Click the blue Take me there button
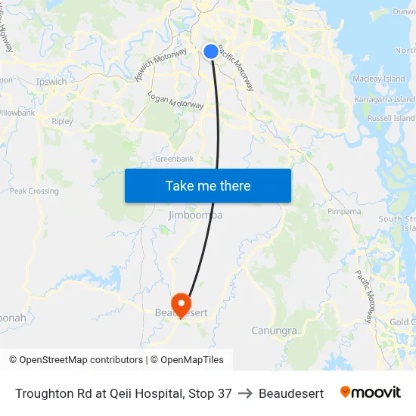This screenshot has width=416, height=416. click(x=207, y=185)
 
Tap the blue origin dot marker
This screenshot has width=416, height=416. click(x=211, y=51)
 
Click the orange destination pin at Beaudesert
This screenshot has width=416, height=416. click(x=182, y=304)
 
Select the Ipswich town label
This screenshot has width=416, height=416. click(x=51, y=82)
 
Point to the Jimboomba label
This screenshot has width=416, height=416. click(x=195, y=216)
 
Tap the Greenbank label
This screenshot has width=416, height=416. click(x=174, y=159)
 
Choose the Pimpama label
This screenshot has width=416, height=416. click(x=344, y=212)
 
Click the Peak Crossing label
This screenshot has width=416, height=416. click(x=34, y=191)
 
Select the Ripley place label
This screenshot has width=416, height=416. click(x=62, y=121)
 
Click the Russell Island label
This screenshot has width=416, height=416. click(x=391, y=118)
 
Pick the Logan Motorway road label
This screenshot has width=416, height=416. click(x=175, y=101)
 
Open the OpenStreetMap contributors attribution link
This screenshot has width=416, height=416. click(x=81, y=360)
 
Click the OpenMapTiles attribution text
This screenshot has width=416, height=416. click(x=192, y=360)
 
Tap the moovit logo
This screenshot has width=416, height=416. click(x=371, y=393)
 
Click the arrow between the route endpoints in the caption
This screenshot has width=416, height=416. click(x=245, y=393)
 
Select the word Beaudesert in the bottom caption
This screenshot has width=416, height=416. click(x=291, y=393)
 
